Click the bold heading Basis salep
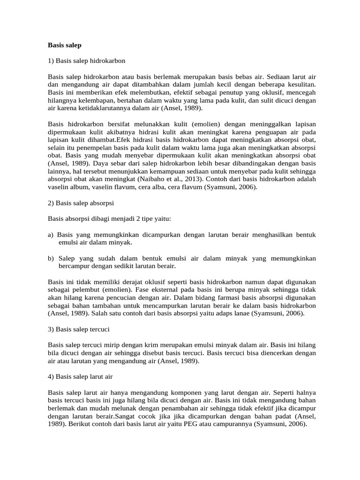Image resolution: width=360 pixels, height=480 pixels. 65,45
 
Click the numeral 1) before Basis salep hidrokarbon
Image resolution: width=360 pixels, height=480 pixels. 51,61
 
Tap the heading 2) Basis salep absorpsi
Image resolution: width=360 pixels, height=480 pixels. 81,203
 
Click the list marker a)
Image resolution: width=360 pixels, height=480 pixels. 51,234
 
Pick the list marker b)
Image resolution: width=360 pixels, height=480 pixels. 51,258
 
